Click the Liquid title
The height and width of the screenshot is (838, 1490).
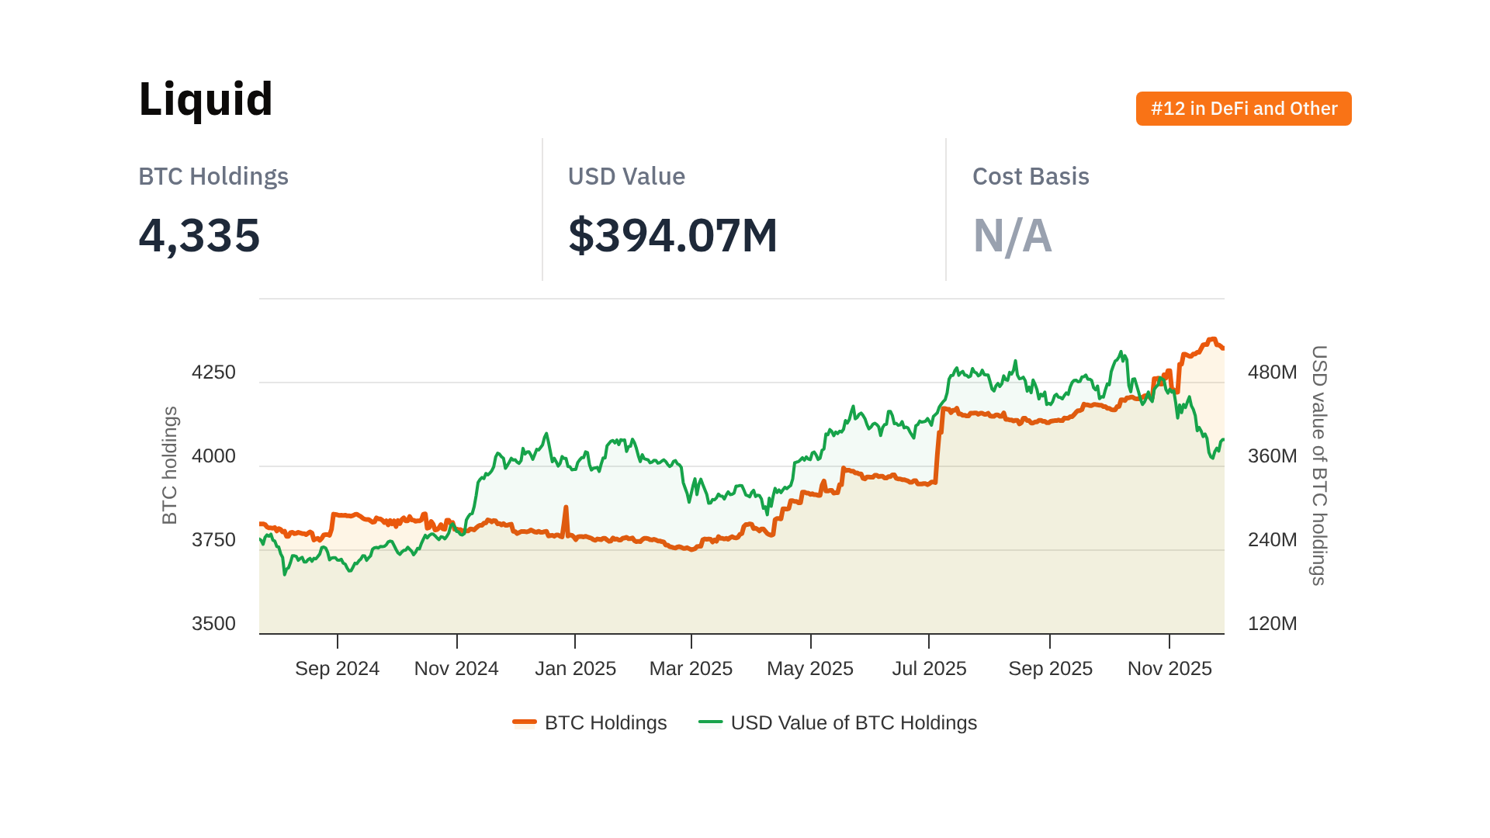coord(206,99)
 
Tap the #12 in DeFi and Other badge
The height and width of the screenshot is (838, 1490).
coord(1243,109)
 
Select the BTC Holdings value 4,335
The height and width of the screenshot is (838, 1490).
coord(199,235)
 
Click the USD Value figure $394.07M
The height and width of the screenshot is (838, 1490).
coord(673,235)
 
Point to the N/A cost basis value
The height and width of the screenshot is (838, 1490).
coord(1012,236)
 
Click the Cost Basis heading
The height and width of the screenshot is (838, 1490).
coord(1031,176)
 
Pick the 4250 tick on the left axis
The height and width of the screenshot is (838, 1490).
coord(213,372)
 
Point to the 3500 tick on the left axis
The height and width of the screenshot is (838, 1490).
coord(213,624)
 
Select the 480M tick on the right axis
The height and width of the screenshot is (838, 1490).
coord(1272,372)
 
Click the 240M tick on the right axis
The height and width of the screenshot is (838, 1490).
coord(1272,540)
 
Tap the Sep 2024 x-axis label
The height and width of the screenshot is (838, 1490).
coord(337,669)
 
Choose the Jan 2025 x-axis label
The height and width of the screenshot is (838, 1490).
coord(575,669)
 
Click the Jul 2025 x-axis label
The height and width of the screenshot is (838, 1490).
coord(929,669)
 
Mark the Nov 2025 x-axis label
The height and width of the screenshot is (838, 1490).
coord(1169,669)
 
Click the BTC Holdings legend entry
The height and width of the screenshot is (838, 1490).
coord(590,723)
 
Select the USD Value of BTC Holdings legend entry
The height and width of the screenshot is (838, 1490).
coord(838,723)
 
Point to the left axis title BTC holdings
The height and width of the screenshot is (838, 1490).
coord(170,466)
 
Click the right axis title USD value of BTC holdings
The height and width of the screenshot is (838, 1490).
coord(1318,466)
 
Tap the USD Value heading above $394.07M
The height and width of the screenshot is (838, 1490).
coord(626,176)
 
